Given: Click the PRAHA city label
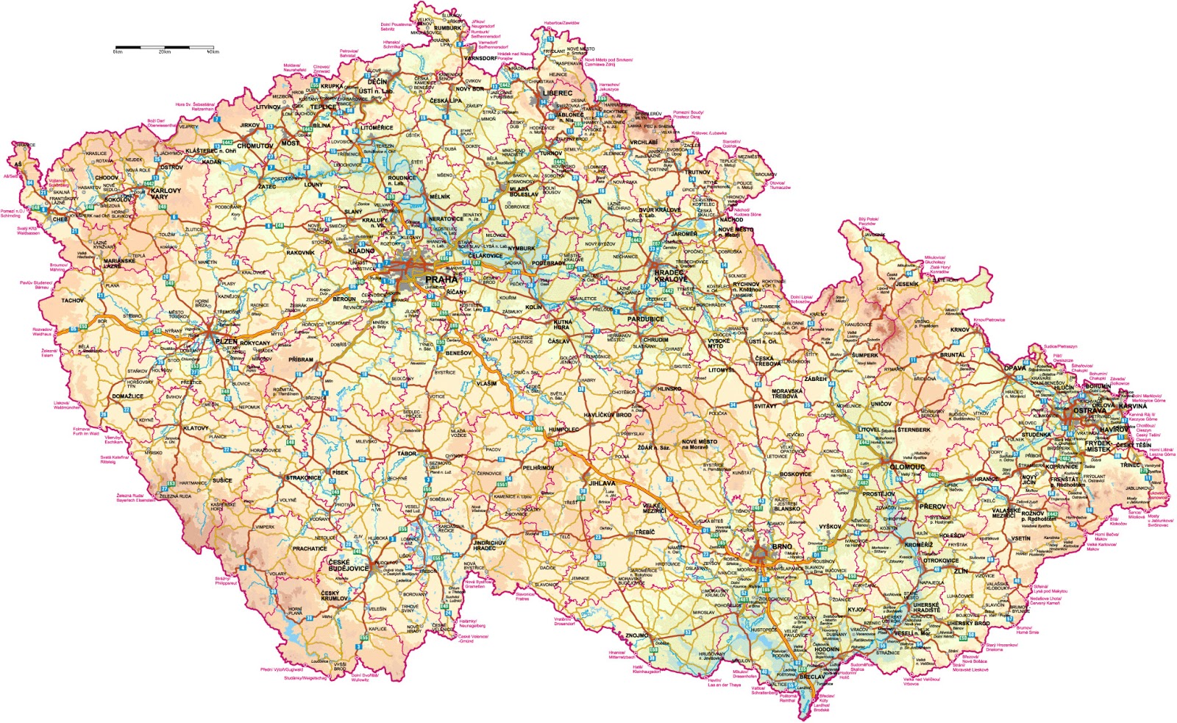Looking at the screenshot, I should (441, 279).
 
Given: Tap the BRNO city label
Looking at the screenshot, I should (782, 546).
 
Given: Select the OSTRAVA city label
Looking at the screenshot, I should (1089, 410).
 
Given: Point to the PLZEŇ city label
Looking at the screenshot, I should (227, 342).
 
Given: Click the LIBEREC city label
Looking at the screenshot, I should (557, 93).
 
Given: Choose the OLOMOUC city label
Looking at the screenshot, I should (907, 467).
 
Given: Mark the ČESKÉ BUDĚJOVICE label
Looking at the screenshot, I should (349, 565).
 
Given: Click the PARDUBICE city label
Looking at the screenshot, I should (646, 319).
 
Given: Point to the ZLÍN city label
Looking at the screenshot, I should (961, 571).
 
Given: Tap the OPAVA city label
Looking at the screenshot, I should (1015, 368).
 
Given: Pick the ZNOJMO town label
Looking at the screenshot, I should (637, 635).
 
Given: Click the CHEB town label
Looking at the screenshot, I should (59, 219).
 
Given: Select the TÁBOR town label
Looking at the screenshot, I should (407, 454).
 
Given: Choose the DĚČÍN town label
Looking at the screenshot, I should (377, 82).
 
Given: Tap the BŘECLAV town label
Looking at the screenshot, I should (811, 676).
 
